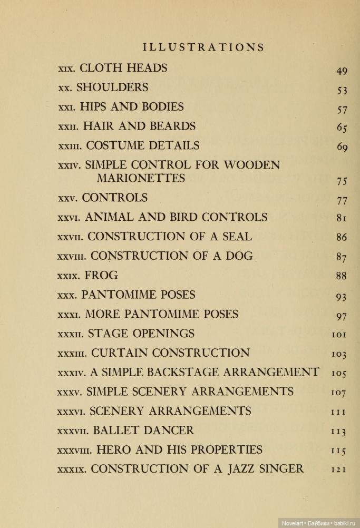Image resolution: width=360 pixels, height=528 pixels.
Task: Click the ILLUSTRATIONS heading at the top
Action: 203,47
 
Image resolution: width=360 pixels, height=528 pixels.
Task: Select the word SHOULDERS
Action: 112,87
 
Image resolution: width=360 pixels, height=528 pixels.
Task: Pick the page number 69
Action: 342,147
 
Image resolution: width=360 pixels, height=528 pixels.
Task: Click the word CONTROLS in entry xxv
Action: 114,198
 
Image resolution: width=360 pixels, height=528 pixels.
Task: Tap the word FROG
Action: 101,275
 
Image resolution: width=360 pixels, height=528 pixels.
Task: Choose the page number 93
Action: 342,297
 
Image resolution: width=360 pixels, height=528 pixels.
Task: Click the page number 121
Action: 339,469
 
